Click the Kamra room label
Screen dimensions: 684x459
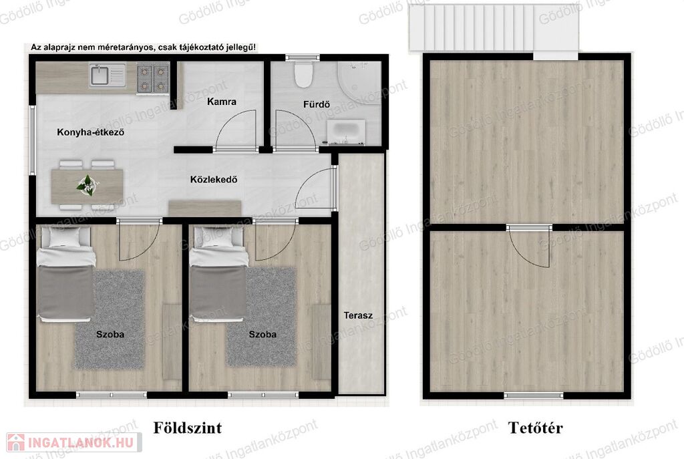(x=222, y=102)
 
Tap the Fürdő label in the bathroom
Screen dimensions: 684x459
(x=316, y=104)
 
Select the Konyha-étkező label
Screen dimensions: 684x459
(x=91, y=132)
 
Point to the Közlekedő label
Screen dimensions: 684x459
(x=214, y=179)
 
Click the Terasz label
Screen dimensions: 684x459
(x=358, y=315)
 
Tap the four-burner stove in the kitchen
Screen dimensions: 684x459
(x=153, y=78)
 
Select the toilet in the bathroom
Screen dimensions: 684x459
(x=304, y=73)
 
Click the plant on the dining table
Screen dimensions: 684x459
(x=88, y=185)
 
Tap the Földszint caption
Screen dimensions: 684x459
(x=188, y=428)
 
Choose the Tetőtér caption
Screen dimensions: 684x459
(x=535, y=428)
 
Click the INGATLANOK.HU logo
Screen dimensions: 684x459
(x=74, y=442)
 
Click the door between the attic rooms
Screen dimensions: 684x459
(x=530, y=247)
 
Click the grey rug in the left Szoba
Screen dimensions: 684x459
(x=110, y=319)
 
